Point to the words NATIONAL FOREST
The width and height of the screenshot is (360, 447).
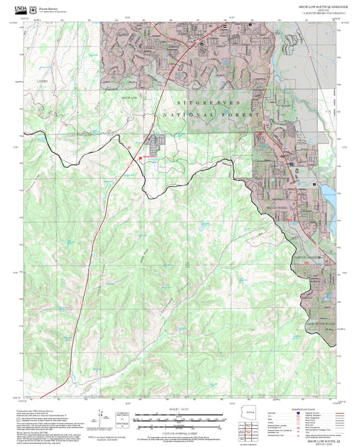coord(210,115)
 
